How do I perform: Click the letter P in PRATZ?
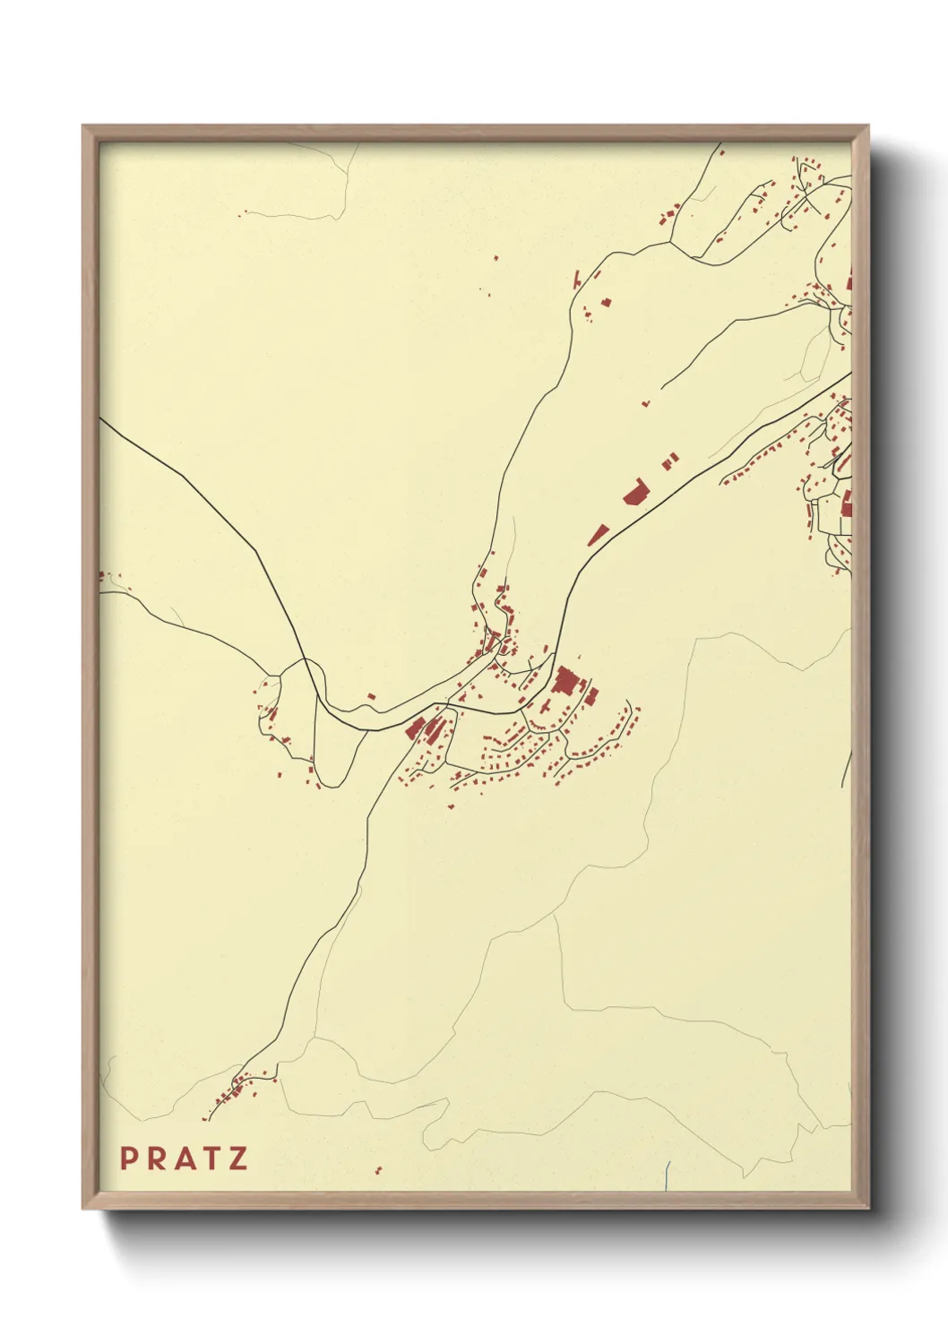(128, 1158)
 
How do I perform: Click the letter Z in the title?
(237, 1158)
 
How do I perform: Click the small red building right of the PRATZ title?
(377, 1169)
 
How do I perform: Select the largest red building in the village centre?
(565, 680)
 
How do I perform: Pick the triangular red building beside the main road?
(598, 535)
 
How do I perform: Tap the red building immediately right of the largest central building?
(591, 695)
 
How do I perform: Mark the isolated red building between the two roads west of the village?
(371, 696)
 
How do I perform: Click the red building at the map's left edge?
(101, 576)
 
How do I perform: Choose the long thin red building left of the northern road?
(578, 278)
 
